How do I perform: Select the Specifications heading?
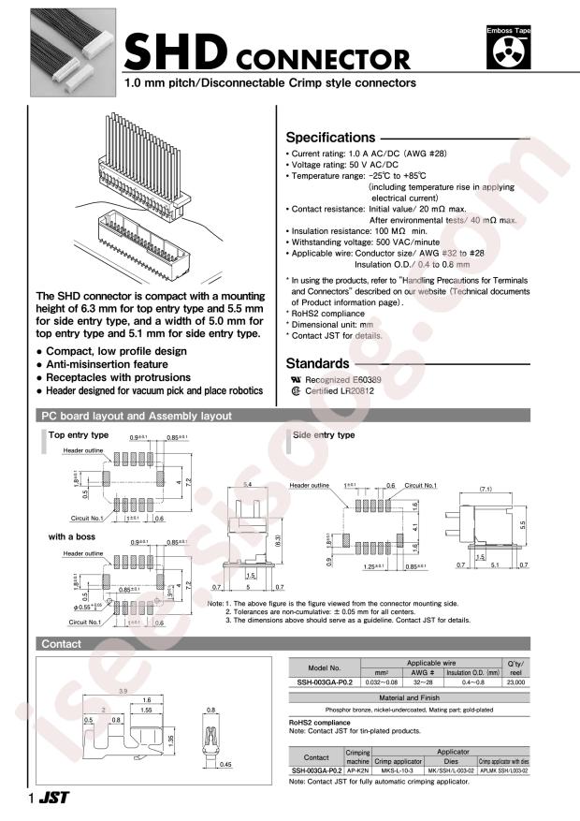point(329,137)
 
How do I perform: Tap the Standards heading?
point(318,363)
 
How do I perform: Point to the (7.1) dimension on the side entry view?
point(485,488)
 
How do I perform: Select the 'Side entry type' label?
point(324,435)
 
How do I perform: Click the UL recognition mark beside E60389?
point(297,381)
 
